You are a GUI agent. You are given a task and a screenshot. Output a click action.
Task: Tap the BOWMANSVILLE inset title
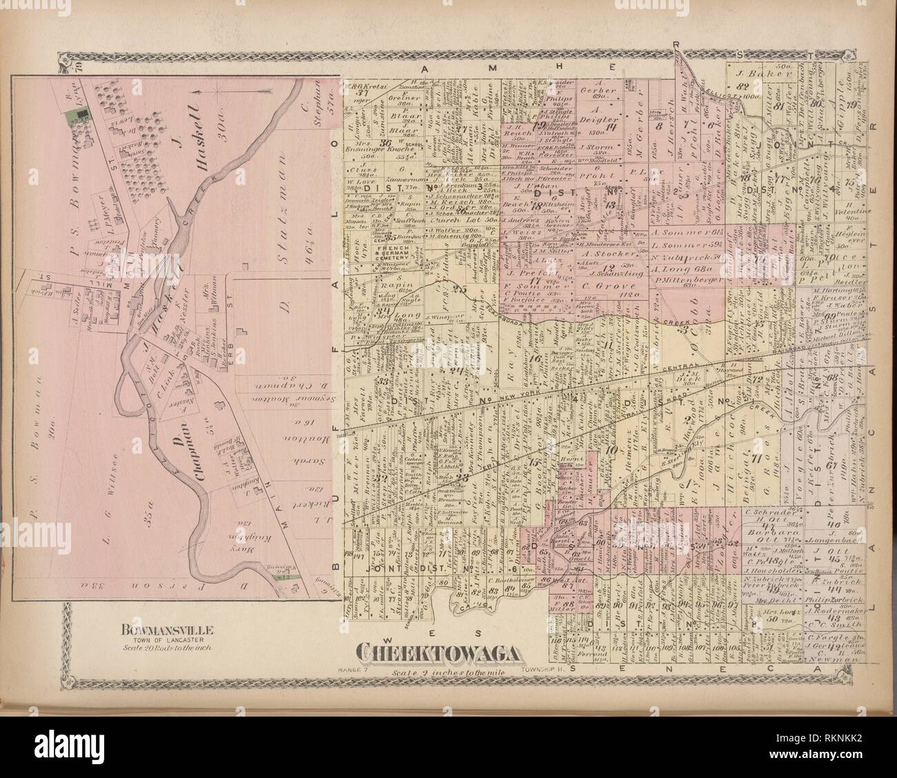tap(169, 629)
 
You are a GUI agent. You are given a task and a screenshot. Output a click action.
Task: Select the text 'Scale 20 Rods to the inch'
tap(169, 647)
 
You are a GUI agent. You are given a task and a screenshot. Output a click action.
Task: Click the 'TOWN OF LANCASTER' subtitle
tap(169, 639)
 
